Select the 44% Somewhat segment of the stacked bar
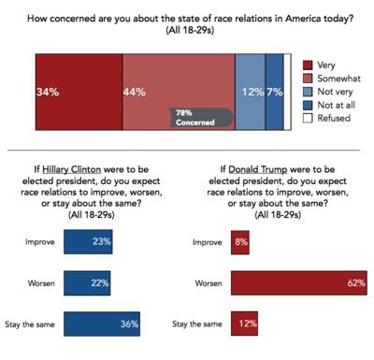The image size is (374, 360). [178, 84]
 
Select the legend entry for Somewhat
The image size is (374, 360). [329, 79]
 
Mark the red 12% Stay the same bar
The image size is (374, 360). [245, 324]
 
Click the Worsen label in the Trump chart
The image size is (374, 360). [209, 282]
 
